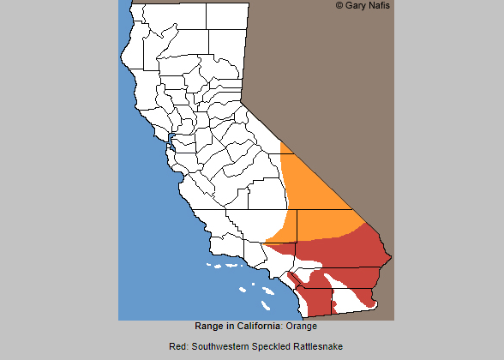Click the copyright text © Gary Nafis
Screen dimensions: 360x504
[363, 6]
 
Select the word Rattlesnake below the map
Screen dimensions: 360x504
[319, 346]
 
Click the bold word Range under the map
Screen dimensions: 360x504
[209, 327]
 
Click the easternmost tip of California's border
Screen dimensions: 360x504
[391, 256]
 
